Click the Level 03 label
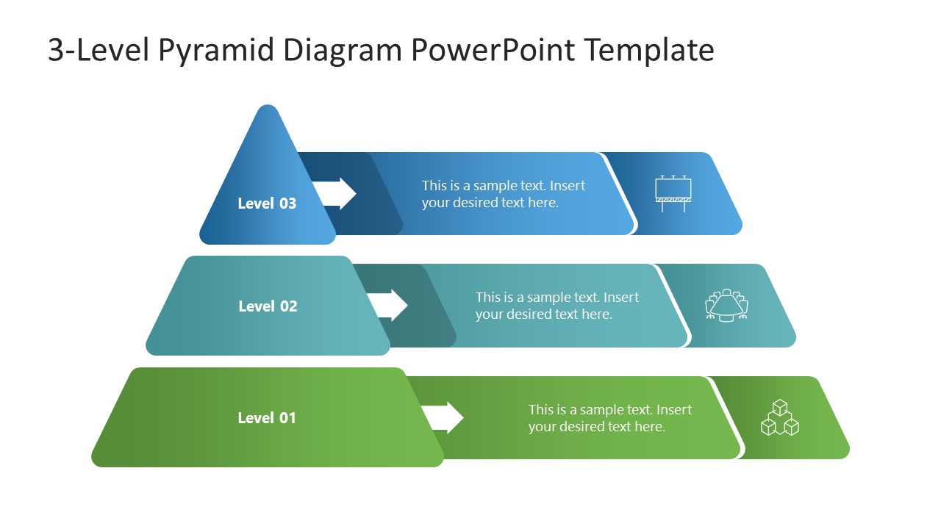tap(267, 204)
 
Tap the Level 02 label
tap(268, 306)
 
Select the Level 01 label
tap(267, 418)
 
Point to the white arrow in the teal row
tap(389, 305)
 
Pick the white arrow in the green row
tap(444, 417)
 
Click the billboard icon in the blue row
tap(673, 193)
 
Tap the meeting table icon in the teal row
tap(726, 305)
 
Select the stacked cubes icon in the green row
tap(779, 417)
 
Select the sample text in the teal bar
tap(557, 306)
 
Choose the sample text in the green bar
tap(609, 418)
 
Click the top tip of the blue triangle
tap(268, 109)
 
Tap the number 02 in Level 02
tap(287, 306)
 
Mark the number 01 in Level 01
tap(287, 418)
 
